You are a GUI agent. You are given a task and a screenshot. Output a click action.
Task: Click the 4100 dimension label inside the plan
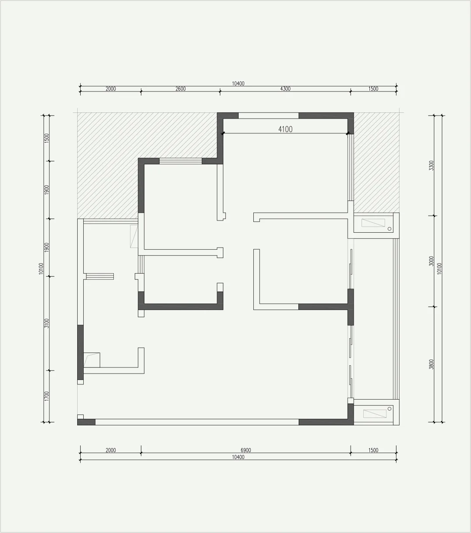pyautogui.click(x=285, y=129)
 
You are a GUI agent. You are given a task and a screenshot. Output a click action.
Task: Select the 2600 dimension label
pyautogui.click(x=181, y=88)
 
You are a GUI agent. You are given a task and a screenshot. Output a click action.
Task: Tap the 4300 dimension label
pyautogui.click(x=285, y=88)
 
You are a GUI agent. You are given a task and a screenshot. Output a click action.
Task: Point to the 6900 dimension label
pyautogui.click(x=246, y=450)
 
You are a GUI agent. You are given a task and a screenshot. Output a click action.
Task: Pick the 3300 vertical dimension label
pyautogui.click(x=431, y=166)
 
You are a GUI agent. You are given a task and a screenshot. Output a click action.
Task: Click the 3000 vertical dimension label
pyautogui.click(x=431, y=261)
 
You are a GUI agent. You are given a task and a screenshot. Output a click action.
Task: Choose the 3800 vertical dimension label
pyautogui.click(x=431, y=364)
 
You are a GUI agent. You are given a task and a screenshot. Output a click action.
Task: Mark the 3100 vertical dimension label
pyautogui.click(x=47, y=323)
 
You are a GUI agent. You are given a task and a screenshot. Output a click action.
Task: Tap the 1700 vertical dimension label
pyautogui.click(x=47, y=397)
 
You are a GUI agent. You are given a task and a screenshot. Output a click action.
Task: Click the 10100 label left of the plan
pyautogui.click(x=41, y=268)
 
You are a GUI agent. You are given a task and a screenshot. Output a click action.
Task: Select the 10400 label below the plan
pyautogui.click(x=238, y=457)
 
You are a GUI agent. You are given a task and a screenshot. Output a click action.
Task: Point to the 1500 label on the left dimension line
pyautogui.click(x=47, y=139)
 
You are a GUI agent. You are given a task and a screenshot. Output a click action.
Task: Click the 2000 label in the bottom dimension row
pyautogui.click(x=111, y=450)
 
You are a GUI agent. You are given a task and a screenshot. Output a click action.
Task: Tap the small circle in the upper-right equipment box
pyautogui.click(x=389, y=229)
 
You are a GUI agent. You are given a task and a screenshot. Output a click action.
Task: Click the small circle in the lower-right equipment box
pyautogui.click(x=389, y=409)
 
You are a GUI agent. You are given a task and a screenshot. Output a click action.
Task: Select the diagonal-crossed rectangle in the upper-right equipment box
pyautogui.click(x=373, y=223)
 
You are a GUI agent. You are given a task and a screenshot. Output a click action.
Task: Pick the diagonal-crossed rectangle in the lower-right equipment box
pyautogui.click(x=375, y=414)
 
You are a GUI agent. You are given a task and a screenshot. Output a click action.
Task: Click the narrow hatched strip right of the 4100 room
pyautogui.click(x=376, y=163)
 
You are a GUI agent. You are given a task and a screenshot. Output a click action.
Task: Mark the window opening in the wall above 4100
pyautogui.click(x=269, y=115)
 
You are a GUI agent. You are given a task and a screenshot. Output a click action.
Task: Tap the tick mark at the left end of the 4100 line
pyautogui.click(x=223, y=133)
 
